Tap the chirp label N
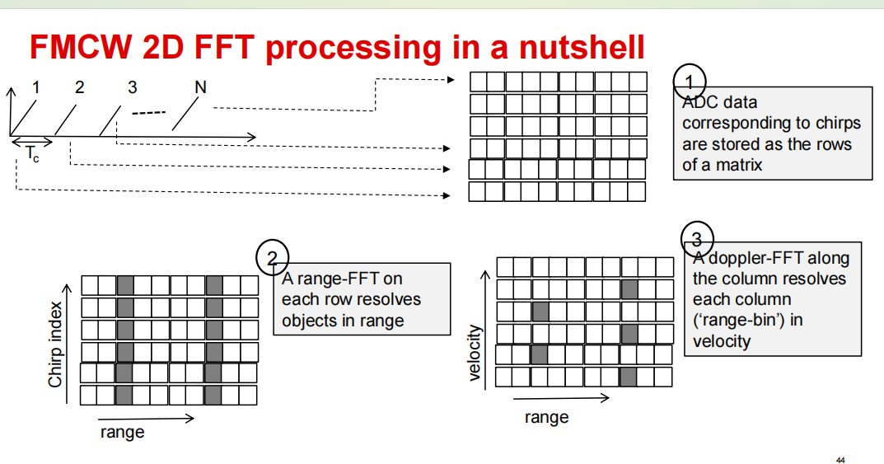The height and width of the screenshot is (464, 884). point(200,87)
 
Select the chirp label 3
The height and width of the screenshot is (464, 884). point(133,87)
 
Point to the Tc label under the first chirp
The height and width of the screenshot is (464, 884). point(32,153)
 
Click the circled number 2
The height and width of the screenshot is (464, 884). point(272,259)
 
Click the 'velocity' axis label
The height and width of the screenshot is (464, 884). point(475,353)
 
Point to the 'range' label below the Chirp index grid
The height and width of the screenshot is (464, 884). point(122,432)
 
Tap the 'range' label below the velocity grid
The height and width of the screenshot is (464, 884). point(546,417)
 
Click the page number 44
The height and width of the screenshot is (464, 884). point(840,459)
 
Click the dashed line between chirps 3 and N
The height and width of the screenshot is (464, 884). point(149,112)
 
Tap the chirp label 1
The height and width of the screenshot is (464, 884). point(35,87)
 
